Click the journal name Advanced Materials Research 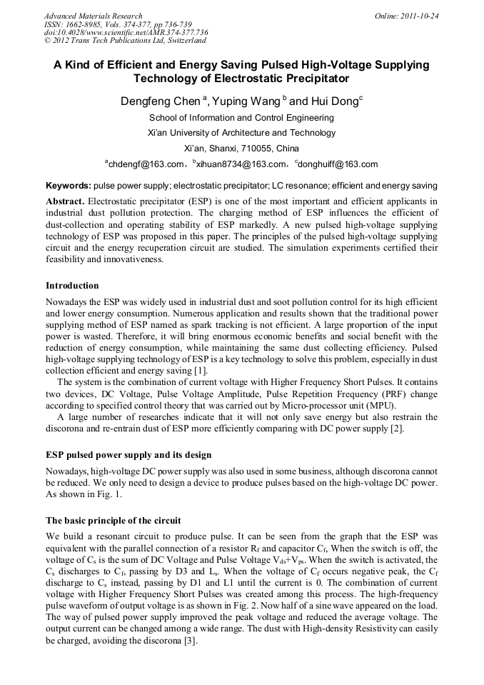94,16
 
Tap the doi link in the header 126,32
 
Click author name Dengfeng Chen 160,102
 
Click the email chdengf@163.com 146,164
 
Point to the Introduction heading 72,286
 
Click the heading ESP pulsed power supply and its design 128,455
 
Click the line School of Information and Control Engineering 241,118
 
